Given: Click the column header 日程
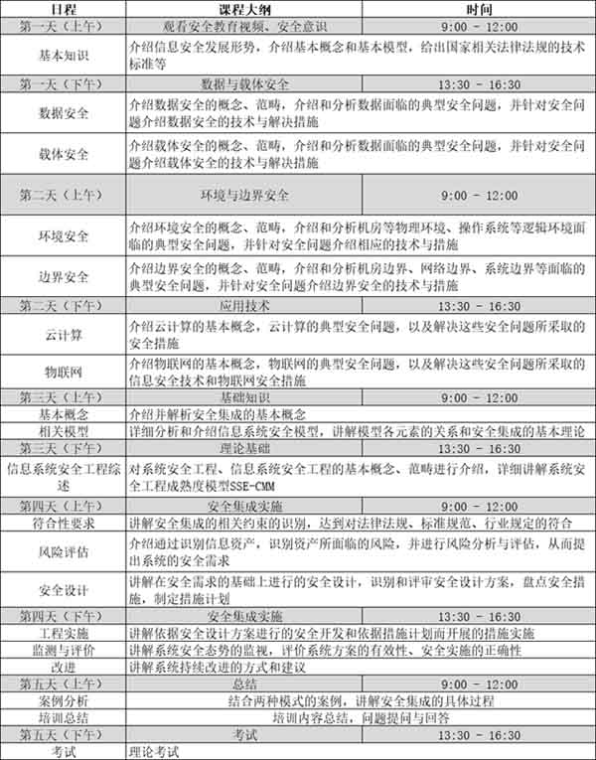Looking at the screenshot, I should [x=62, y=9].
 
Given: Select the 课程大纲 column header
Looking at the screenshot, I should [x=244, y=9].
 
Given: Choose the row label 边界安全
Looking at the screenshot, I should [x=62, y=277].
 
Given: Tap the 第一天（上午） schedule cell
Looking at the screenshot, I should [x=62, y=27].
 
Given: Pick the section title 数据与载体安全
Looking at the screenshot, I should [x=244, y=85].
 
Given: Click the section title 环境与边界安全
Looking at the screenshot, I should [x=244, y=195].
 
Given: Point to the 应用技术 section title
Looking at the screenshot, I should [x=244, y=305].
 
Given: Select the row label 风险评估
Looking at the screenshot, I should [x=62, y=549].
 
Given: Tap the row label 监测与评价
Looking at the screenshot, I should [x=62, y=649].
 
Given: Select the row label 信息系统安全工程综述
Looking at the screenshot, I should [x=62, y=479].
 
